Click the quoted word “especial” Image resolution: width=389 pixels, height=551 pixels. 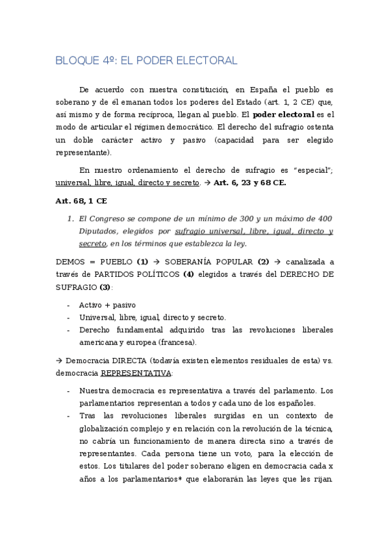pos(313,170)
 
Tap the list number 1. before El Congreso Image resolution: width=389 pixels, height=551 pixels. pos(71,219)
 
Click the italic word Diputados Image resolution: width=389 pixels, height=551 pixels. pos(99,231)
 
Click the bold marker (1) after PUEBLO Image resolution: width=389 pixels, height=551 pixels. pos(142,262)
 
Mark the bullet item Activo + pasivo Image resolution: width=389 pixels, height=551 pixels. pos(107,304)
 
